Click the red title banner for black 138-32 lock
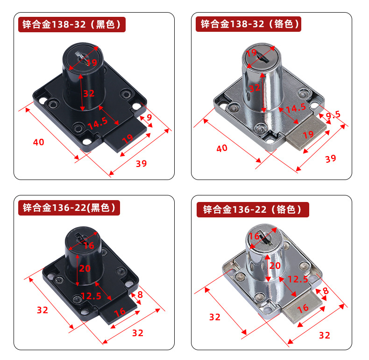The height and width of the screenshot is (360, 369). (x=72, y=24)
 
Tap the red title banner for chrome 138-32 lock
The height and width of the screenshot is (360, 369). (x=248, y=24)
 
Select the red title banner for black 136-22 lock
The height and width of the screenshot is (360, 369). (x=69, y=208)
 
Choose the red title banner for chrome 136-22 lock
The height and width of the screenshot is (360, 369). (x=253, y=209)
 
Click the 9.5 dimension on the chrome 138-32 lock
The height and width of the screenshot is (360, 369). (x=333, y=115)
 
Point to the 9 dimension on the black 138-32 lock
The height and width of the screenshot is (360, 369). (x=149, y=117)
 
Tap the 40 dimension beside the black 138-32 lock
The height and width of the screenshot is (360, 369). (x=39, y=142)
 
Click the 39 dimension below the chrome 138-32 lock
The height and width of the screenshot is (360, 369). (x=331, y=158)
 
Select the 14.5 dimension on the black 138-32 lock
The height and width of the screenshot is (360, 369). (x=98, y=123)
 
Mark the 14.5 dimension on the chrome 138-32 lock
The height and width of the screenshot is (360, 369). (x=296, y=108)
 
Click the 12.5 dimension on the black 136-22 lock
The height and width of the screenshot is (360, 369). (x=91, y=296)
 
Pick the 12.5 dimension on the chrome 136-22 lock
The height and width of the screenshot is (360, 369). (x=298, y=280)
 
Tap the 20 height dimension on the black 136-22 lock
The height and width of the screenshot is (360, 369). (x=85, y=268)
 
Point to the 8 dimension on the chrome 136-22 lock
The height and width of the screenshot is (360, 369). (x=326, y=291)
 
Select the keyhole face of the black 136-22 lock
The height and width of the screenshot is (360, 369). (x=83, y=238)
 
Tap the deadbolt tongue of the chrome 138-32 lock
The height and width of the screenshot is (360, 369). (x=306, y=132)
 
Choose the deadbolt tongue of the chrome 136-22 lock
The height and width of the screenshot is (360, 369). (x=303, y=307)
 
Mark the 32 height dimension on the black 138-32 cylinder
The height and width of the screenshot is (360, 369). (x=89, y=94)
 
